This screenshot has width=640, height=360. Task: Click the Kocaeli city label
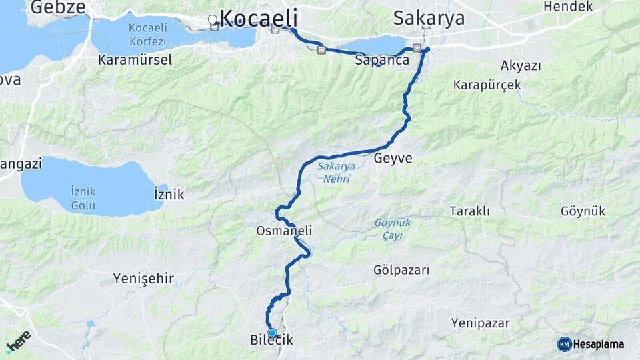[x=259, y=17]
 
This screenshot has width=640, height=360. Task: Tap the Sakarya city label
[x=429, y=17]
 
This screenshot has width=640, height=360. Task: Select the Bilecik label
[x=271, y=341]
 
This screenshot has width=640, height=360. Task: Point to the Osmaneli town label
[x=284, y=230]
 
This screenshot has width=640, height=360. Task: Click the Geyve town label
[x=393, y=159]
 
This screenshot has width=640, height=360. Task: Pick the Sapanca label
[x=382, y=60]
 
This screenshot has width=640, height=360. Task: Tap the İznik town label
[x=169, y=194]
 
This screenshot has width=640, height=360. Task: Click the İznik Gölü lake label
[x=83, y=198]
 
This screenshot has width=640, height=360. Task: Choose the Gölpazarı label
[x=402, y=270]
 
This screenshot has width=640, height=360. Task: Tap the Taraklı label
[x=469, y=211]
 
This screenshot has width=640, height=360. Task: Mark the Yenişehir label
[x=143, y=277]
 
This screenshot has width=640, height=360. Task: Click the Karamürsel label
[x=135, y=60]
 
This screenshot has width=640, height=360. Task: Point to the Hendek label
[x=568, y=7]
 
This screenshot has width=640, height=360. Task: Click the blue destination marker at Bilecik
[x=271, y=331]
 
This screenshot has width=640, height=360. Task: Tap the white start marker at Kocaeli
[x=213, y=20]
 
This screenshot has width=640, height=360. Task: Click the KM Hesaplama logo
[x=591, y=344]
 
